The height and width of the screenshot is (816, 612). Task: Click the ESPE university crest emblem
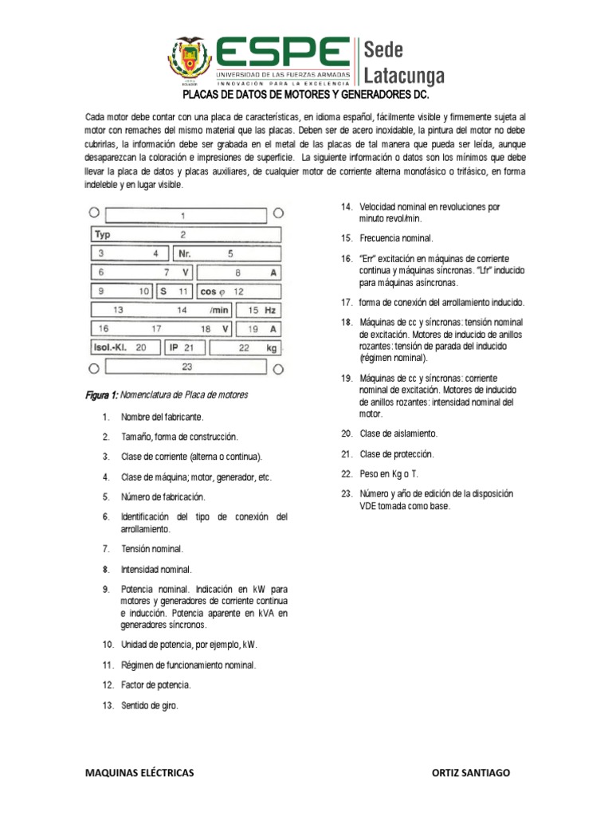(x=190, y=61)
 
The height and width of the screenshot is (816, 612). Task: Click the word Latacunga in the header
(x=404, y=75)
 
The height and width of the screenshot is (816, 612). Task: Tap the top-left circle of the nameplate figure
(x=94, y=213)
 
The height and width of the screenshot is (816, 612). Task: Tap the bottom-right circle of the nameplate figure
(x=278, y=369)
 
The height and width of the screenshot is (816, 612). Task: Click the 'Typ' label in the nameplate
(x=102, y=235)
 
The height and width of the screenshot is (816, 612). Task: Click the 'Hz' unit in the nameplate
(x=271, y=310)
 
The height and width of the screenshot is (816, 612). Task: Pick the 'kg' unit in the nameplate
(x=271, y=347)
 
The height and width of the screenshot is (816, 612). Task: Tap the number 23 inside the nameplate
(x=187, y=367)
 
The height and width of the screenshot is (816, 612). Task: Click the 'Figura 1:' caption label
(x=102, y=394)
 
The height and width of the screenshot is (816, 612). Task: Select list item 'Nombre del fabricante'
(x=163, y=417)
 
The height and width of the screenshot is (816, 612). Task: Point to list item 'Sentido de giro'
(x=150, y=706)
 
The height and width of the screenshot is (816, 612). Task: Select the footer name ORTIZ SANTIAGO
(x=470, y=773)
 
